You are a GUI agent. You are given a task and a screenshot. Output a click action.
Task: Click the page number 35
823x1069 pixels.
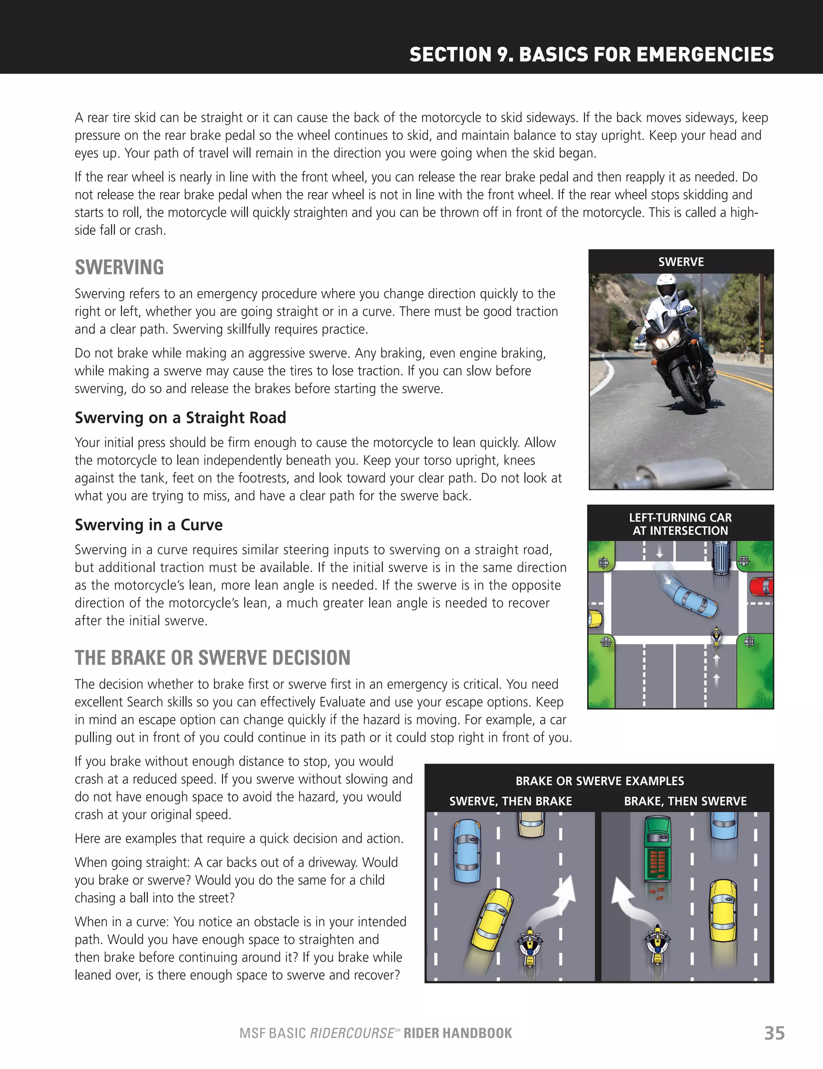click(x=774, y=1033)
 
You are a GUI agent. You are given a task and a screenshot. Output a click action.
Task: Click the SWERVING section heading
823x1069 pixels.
click(x=119, y=267)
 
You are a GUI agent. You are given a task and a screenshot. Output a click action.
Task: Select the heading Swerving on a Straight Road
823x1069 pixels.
click(x=180, y=418)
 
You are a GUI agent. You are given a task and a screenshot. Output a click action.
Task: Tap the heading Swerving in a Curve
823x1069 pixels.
click(x=148, y=525)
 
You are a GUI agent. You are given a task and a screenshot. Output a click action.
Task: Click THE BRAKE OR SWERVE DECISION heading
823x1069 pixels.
click(x=212, y=657)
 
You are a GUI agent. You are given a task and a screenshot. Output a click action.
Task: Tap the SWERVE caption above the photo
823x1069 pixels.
click(x=681, y=262)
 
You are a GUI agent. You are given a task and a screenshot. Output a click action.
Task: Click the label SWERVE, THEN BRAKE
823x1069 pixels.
click(x=510, y=801)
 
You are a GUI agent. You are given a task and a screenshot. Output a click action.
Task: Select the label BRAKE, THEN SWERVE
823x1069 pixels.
click(x=685, y=801)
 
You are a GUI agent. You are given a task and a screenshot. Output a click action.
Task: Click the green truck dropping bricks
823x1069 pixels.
click(x=657, y=849)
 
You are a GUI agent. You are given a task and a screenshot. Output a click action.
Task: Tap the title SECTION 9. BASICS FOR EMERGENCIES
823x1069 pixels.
click(x=591, y=54)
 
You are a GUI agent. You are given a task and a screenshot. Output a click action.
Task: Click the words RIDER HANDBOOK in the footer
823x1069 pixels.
click(x=457, y=1033)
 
